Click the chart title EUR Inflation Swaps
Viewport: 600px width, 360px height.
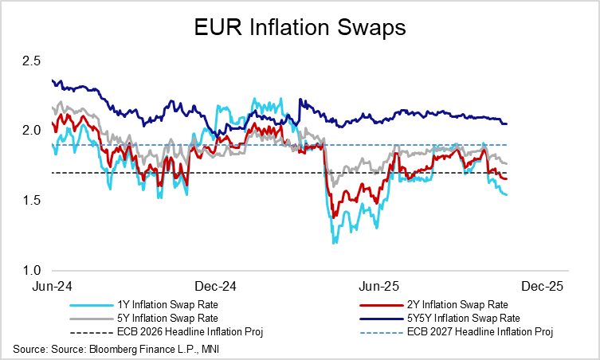(300, 28)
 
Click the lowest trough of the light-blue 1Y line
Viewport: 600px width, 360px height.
(333, 242)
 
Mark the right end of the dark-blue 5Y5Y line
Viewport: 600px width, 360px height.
(508, 123)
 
